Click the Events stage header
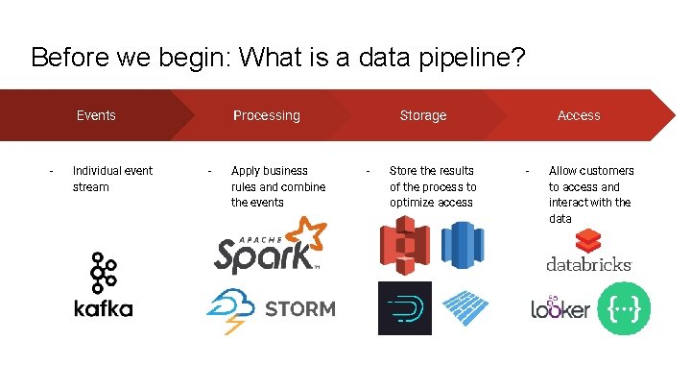96,115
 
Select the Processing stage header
266,115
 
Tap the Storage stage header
422,115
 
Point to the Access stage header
579,115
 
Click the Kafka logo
103,285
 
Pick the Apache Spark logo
269,246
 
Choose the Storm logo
271,309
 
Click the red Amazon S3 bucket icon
403,247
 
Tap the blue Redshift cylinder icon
463,245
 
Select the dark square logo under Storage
404,308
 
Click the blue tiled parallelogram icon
465,308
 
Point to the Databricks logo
588,252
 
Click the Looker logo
560,308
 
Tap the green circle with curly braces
624,308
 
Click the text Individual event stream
112,179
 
